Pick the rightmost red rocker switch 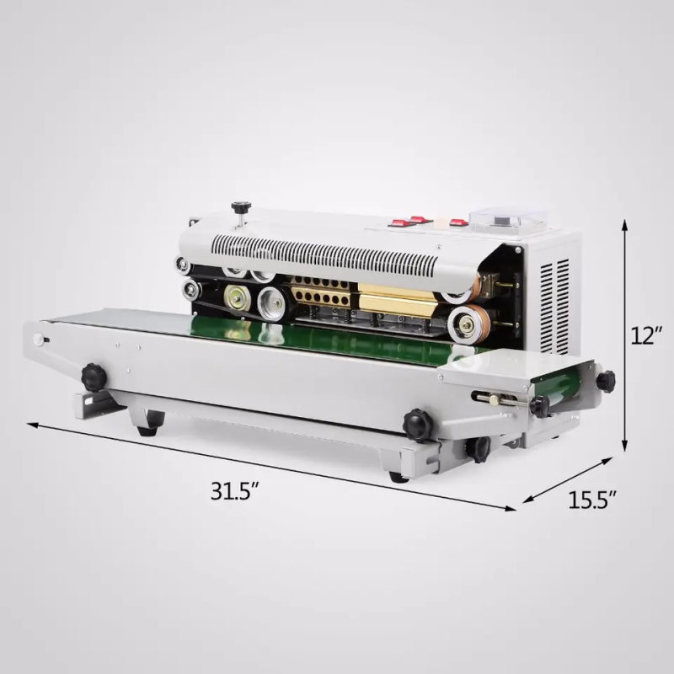[x=457, y=223]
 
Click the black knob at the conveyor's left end [x=93, y=376]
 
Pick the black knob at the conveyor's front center [x=417, y=424]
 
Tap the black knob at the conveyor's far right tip [x=605, y=381]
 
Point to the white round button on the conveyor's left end [x=38, y=340]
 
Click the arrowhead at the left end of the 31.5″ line [x=30, y=425]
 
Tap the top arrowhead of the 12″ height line [x=625, y=224]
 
